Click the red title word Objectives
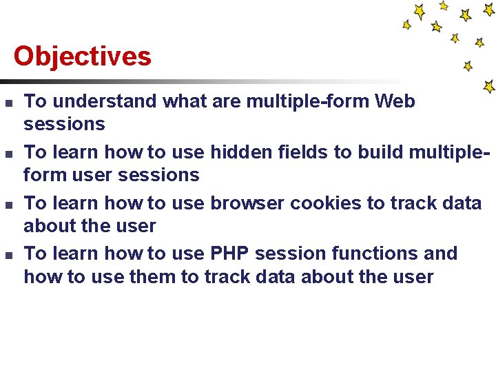[x=82, y=56]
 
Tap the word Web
[x=395, y=101]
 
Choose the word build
[x=382, y=152]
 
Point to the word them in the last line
[x=134, y=277]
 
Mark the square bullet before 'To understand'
[x=7, y=103]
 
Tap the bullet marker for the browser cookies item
[x=7, y=205]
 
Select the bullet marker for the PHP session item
[x=7, y=256]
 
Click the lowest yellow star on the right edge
[x=489, y=87]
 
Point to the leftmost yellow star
[x=407, y=25]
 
